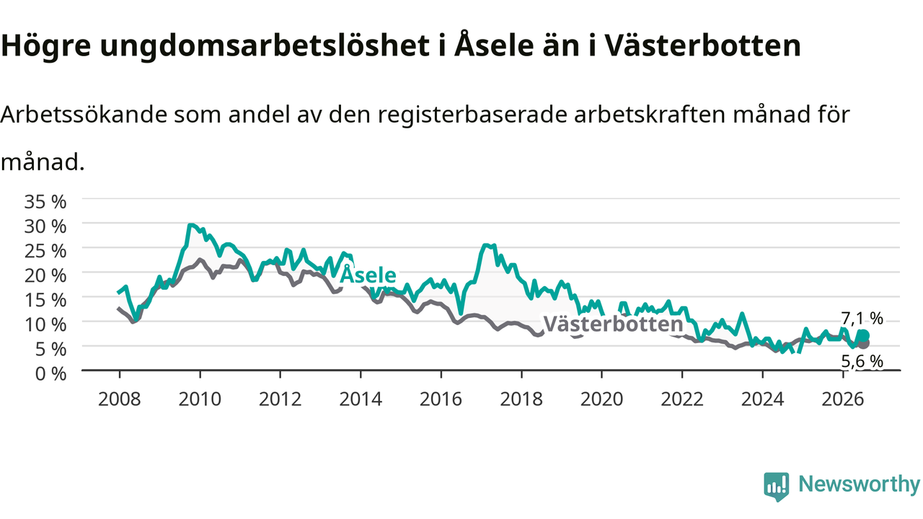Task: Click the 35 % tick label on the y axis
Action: point(45,202)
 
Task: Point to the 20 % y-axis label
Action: point(45,275)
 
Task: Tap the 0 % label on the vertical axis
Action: point(50,374)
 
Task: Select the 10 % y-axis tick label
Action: point(45,324)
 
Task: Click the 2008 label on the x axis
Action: point(120,399)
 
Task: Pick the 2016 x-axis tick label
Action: point(441,399)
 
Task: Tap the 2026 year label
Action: point(843,399)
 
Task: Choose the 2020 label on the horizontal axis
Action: point(601,399)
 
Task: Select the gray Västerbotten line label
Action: point(614,324)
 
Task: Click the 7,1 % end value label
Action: point(862,319)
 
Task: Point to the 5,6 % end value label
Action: point(862,362)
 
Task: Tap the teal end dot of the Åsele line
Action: point(864,336)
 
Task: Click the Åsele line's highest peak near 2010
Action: point(190,225)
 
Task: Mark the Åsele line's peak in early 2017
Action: point(485,246)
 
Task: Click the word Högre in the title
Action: point(45,46)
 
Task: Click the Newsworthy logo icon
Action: point(777,487)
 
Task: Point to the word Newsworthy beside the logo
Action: point(859,484)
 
